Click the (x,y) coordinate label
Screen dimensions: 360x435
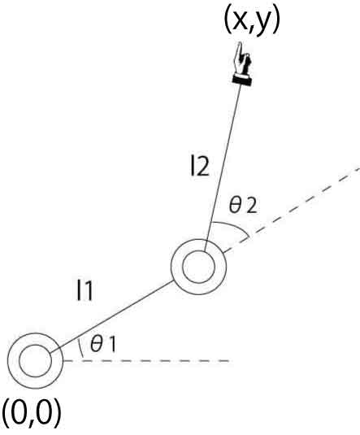coord(252,23)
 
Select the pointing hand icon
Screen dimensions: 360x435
coord(242,63)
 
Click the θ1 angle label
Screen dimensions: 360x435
coord(103,344)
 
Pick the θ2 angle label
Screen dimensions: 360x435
coord(243,206)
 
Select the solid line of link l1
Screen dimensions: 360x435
coord(112,316)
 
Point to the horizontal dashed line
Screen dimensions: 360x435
coord(146,361)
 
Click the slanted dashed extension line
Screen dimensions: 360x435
coord(292,210)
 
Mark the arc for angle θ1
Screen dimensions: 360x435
coord(80,347)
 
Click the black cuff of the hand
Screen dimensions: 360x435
coord(242,81)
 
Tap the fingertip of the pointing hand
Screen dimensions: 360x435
coord(239,43)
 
